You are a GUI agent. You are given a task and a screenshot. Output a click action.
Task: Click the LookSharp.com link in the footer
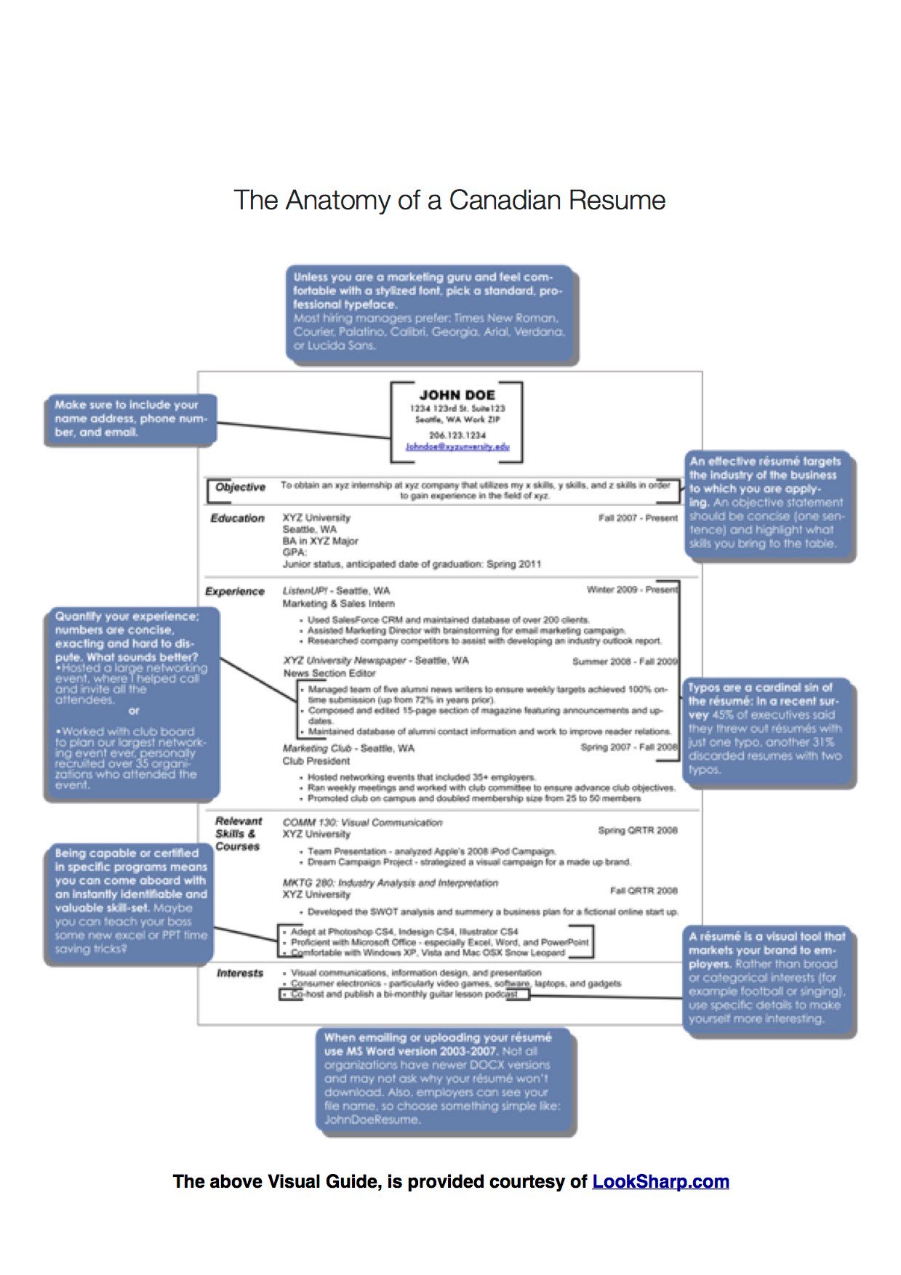point(660,1181)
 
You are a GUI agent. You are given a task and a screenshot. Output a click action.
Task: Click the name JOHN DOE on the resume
point(457,395)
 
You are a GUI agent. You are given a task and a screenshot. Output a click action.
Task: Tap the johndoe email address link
point(457,447)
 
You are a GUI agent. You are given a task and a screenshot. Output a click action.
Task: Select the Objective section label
point(240,487)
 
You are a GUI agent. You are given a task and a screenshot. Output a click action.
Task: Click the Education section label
point(237,518)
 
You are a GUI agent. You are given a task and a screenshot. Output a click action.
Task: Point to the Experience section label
point(234,592)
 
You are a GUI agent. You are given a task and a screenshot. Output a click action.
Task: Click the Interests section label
point(239,973)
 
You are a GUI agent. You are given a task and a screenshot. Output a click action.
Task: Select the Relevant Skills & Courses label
point(238,834)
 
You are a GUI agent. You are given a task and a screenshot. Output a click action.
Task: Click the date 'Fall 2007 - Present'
point(638,518)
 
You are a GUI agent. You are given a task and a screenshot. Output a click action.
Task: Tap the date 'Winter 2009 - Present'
point(631,590)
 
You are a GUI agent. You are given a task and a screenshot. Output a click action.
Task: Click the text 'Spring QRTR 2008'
point(637,830)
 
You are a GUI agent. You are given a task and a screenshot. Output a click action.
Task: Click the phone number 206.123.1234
point(457,435)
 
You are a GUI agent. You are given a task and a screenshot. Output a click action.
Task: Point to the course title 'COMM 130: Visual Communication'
point(362,823)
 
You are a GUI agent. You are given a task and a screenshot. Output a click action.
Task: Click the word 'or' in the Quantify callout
point(133,711)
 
